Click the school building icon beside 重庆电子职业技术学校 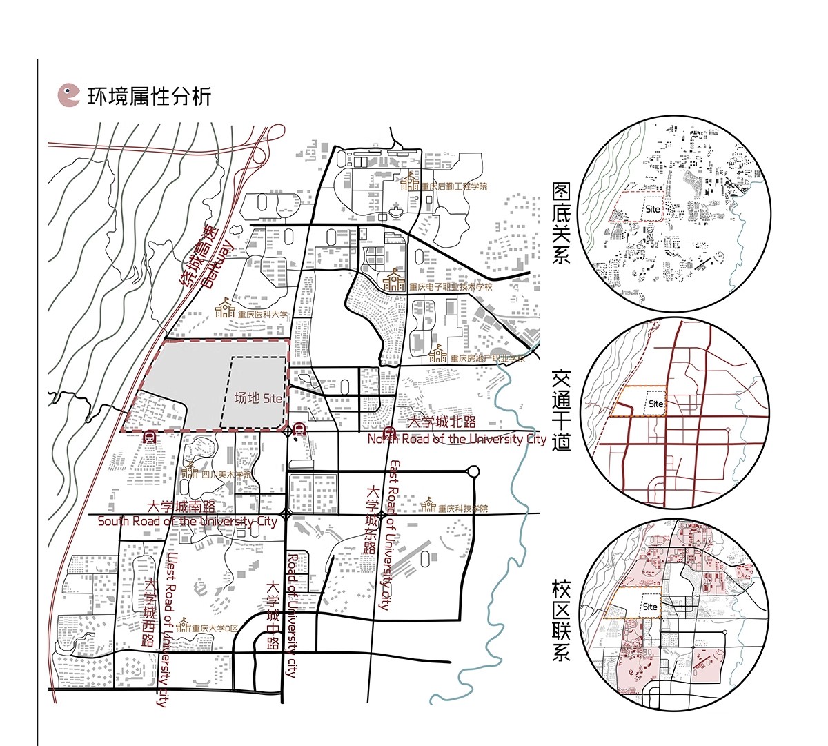click(395, 279)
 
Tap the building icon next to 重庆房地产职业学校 click(438, 354)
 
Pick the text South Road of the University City click(187, 521)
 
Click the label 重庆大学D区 click(215, 629)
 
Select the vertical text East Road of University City click(391, 535)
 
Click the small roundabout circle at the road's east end click(473, 472)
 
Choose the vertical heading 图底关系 click(561, 223)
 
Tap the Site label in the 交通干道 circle click(655, 404)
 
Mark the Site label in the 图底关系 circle click(652, 208)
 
